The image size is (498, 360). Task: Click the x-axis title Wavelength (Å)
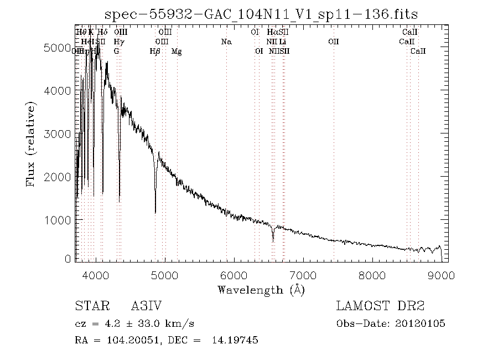[261, 289]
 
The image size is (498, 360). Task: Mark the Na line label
[226, 42]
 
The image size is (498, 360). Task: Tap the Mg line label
[177, 52]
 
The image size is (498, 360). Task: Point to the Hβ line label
[155, 52]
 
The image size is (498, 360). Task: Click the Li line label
[282, 42]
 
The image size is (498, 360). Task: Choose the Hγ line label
[118, 42]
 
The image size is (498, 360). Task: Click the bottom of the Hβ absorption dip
[155, 212]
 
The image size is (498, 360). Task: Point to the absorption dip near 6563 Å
[273, 241]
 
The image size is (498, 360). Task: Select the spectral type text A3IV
[146, 306]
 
